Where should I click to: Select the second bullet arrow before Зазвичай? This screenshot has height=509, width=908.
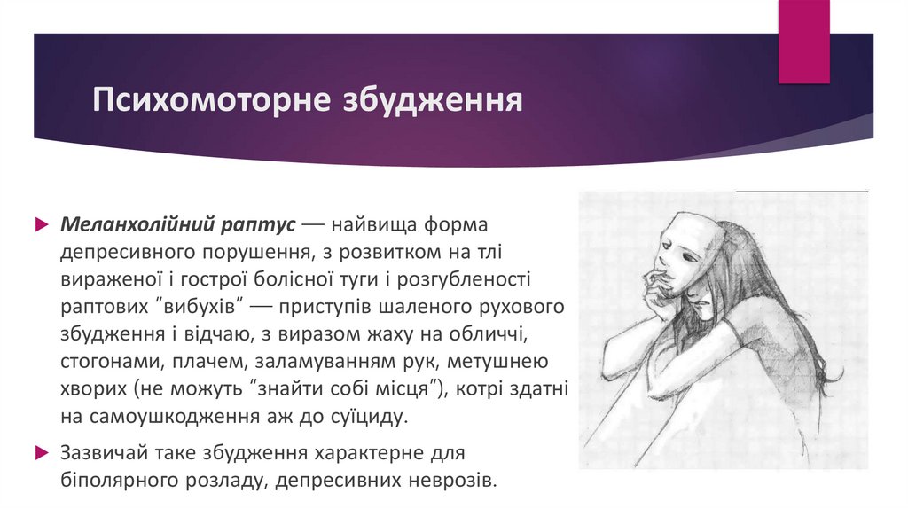point(41,452)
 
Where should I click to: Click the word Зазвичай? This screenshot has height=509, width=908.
point(100,452)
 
